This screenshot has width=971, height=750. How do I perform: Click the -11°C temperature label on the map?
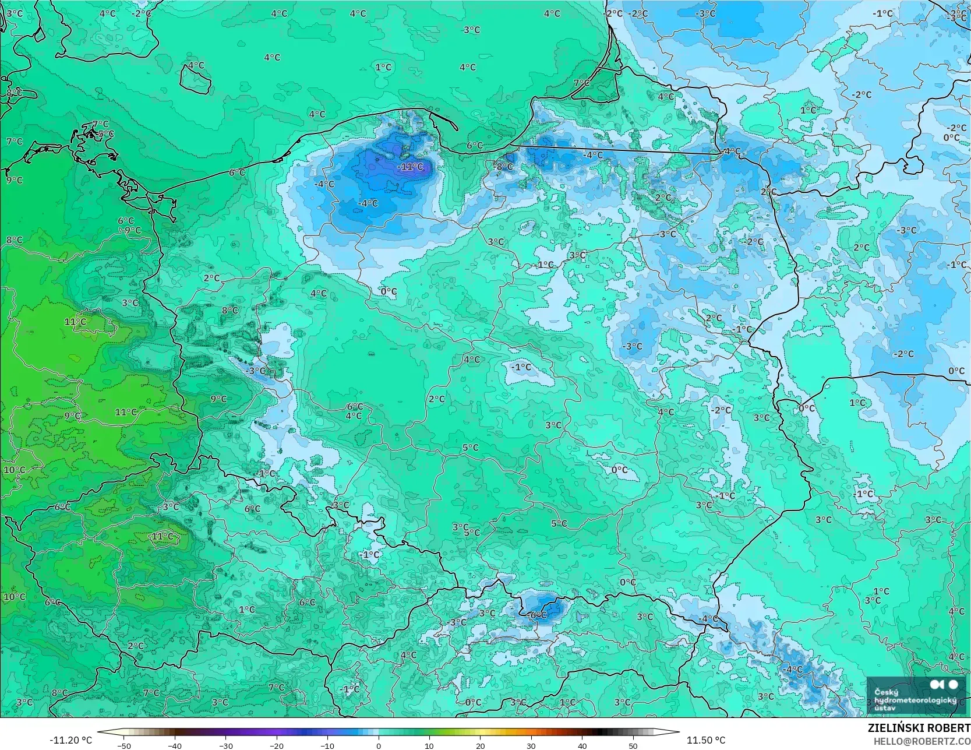coord(411,167)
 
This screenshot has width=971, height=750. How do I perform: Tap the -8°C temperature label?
coord(504,167)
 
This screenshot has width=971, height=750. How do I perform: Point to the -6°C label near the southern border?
coord(538,615)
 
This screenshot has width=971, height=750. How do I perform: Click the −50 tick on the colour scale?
coord(123,745)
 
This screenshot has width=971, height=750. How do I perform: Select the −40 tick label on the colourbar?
coord(175,745)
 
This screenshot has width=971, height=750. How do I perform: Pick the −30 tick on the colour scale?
coord(226,745)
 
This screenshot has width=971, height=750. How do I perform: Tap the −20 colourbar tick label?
coord(277,745)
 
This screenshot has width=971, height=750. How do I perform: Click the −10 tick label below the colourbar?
coord(327,745)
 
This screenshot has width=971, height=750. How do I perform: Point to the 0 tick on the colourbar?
coord(379,745)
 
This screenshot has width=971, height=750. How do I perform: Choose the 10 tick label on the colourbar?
coord(429,745)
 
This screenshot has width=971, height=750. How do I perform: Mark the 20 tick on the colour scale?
coord(480,745)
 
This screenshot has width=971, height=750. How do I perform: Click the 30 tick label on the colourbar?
coord(531,745)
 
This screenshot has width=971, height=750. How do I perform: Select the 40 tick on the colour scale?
coord(582,745)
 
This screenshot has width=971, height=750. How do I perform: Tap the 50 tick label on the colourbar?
coord(633,745)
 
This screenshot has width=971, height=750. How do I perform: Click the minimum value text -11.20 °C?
coord(71,740)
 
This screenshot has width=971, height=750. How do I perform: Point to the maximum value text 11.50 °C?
coord(706,740)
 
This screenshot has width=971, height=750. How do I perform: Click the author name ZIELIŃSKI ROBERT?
coord(919,728)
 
